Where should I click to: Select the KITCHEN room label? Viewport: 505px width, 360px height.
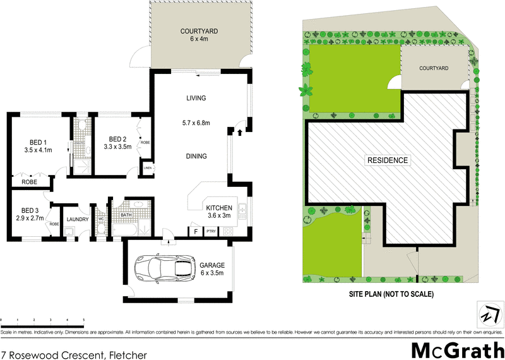[x=219, y=212]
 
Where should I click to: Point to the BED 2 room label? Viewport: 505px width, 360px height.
[x=119, y=143]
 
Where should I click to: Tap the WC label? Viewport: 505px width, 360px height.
[x=100, y=219]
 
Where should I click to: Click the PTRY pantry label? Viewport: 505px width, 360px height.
[x=211, y=231]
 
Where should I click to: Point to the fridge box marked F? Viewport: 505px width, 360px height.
[x=196, y=231]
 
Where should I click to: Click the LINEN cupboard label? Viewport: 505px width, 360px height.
[x=147, y=169]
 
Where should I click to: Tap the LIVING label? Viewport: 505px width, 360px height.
[x=196, y=98]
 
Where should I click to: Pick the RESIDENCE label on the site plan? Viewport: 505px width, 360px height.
[x=388, y=160]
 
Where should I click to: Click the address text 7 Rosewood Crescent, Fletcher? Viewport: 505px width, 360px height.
[x=74, y=355]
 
